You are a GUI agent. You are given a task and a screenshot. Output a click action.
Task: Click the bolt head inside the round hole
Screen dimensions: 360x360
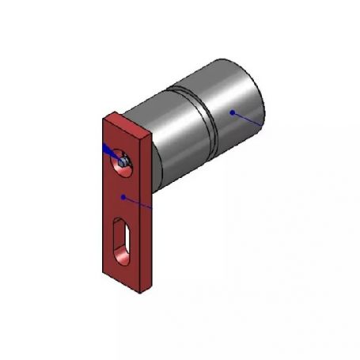pos(123,161)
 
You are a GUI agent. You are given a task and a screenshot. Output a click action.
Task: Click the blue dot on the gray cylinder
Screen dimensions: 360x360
pos(232,112)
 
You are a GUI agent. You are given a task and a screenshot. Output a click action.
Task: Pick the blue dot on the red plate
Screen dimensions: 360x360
pos(123,195)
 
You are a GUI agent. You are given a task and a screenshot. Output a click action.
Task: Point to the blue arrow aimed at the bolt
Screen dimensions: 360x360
pos(108,150)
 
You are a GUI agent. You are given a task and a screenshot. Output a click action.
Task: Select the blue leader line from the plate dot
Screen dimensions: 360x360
pos(138,203)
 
